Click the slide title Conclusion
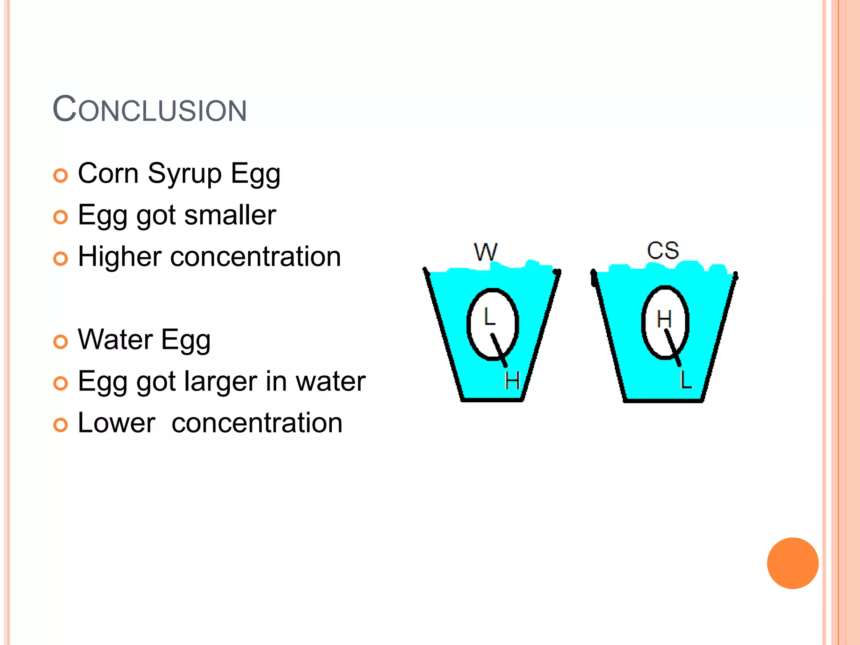point(149,110)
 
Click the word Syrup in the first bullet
point(184,173)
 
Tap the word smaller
point(230,215)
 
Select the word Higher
point(120,257)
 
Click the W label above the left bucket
point(485,252)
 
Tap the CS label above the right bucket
point(663,250)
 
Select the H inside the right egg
point(664,319)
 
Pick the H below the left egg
point(512,380)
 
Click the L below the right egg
point(686,380)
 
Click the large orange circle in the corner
point(792,563)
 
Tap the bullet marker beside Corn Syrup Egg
point(60,176)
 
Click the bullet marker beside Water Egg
point(60,341)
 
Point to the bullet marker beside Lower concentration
point(60,425)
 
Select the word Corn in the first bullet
point(108,173)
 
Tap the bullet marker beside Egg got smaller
point(60,217)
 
